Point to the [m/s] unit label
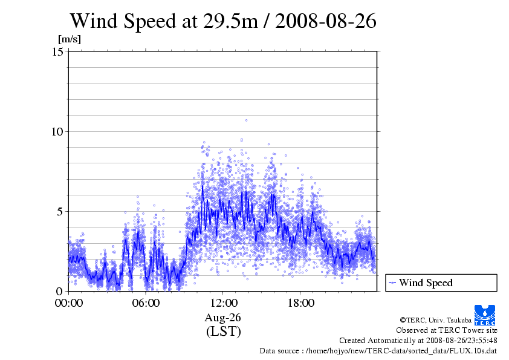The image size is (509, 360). (x=69, y=39)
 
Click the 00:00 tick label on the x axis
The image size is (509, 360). (x=69, y=303)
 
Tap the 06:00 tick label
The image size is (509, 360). (x=146, y=303)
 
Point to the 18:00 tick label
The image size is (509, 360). (x=300, y=303)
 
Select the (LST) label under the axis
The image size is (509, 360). (x=223, y=332)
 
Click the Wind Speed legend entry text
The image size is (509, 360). (x=426, y=283)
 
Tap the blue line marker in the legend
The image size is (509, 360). (x=393, y=283)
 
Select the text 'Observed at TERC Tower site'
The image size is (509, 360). (x=447, y=330)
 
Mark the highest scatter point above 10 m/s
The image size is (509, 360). (x=246, y=120)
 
